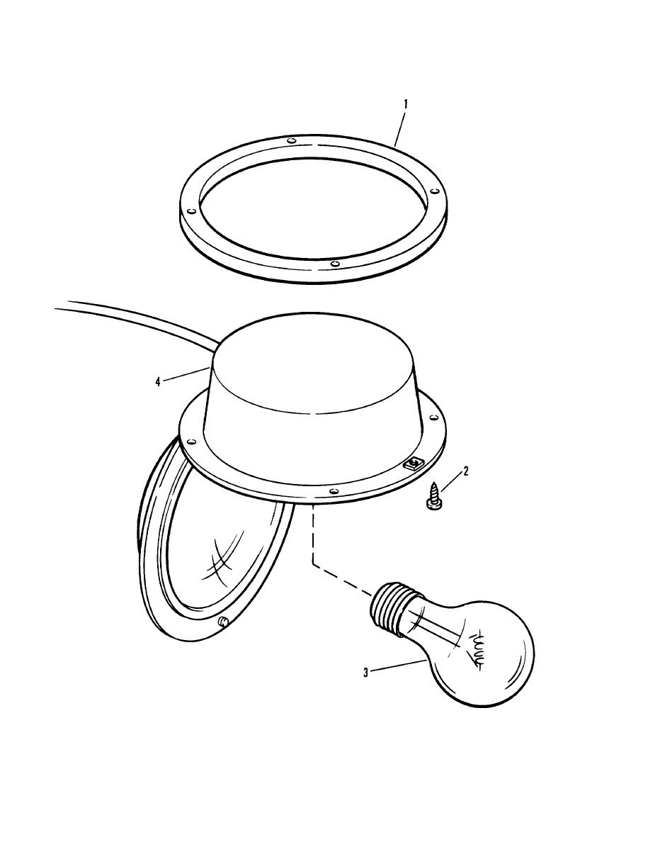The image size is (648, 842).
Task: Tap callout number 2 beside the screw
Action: pyautogui.click(x=465, y=470)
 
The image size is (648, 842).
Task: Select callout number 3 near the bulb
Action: pyautogui.click(x=365, y=673)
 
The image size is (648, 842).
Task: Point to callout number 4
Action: pyautogui.click(x=158, y=381)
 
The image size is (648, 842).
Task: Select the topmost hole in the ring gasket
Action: pyautogui.click(x=291, y=140)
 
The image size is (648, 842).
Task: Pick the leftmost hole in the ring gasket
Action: pyautogui.click(x=191, y=211)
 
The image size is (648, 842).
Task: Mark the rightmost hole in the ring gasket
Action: pyautogui.click(x=432, y=190)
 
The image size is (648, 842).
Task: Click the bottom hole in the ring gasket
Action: pyautogui.click(x=334, y=264)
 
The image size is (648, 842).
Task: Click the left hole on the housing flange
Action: pyautogui.click(x=188, y=440)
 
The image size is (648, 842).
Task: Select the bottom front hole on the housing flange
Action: pyautogui.click(x=332, y=490)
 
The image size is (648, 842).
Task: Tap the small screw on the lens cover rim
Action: pyautogui.click(x=224, y=622)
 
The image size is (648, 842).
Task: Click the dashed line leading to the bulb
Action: pyautogui.click(x=313, y=539)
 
